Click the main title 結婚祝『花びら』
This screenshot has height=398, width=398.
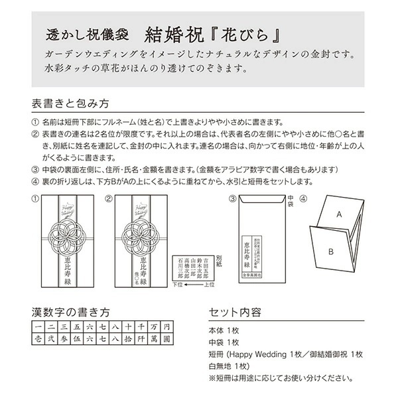(x=211, y=33)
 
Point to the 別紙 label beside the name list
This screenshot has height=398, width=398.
(x=220, y=260)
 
